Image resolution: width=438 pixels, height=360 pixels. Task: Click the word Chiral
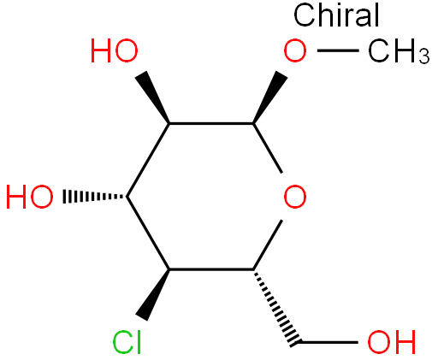[x=336, y=15]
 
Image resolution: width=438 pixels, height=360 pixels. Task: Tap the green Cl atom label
[x=127, y=342]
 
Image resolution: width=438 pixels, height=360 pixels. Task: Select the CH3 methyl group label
[x=399, y=51]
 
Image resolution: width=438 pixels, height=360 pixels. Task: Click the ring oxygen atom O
[x=295, y=197]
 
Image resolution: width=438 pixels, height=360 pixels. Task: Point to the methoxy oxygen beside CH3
[x=295, y=51]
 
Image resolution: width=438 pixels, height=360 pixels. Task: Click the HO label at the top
[x=115, y=51]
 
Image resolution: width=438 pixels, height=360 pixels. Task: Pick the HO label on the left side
[x=29, y=197]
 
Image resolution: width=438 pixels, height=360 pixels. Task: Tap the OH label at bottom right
[x=392, y=342]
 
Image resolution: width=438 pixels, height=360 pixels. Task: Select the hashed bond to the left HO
[x=95, y=197]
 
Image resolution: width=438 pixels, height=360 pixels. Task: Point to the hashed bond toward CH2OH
[x=276, y=308]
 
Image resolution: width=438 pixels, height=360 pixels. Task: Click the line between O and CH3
[x=338, y=50]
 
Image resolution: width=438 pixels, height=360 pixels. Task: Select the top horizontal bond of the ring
[x=211, y=123]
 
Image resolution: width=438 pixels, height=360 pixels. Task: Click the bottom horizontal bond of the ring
[x=211, y=269]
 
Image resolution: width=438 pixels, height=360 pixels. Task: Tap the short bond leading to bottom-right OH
[x=328, y=342]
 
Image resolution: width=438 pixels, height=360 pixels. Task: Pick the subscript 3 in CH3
[x=424, y=56]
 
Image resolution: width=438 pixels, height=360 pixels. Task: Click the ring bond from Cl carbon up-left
[x=148, y=233]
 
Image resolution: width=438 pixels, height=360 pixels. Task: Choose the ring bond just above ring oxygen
[x=268, y=148]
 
